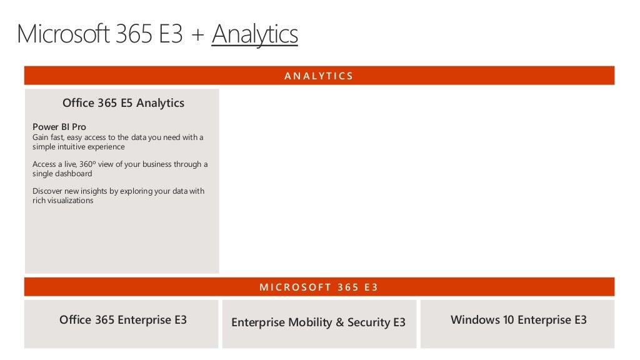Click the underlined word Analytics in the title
(254, 35)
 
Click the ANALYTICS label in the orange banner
(319, 76)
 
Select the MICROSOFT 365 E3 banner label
(319, 287)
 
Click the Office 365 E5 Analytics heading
(123, 103)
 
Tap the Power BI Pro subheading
(59, 127)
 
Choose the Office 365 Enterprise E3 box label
(123, 320)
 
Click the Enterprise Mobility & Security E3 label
(318, 322)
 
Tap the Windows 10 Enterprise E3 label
(519, 320)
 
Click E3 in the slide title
(169, 35)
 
